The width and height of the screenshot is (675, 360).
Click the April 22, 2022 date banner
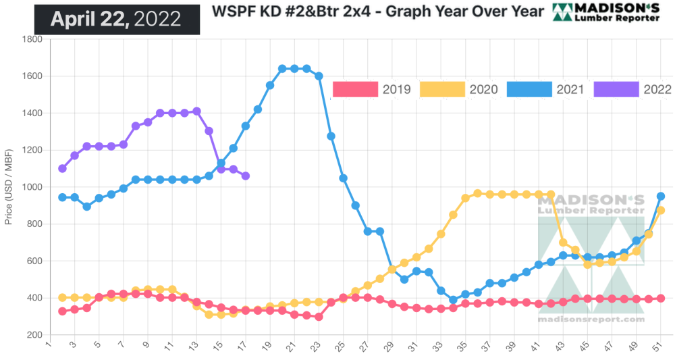coord(116,19)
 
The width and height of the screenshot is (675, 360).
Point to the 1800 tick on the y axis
coord(32,39)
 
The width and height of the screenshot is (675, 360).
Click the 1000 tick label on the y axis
coord(32,187)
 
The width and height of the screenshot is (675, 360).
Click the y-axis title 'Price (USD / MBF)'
coord(9,187)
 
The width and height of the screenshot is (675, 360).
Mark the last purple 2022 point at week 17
coord(245,176)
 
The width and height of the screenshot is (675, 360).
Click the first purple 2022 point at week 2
coord(63,168)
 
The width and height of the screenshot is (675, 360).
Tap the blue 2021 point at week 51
coord(661,197)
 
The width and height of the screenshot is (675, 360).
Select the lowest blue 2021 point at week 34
coord(453,300)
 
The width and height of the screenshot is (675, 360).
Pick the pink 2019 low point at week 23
coord(319,317)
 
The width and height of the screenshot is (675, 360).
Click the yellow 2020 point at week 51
coord(661,211)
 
